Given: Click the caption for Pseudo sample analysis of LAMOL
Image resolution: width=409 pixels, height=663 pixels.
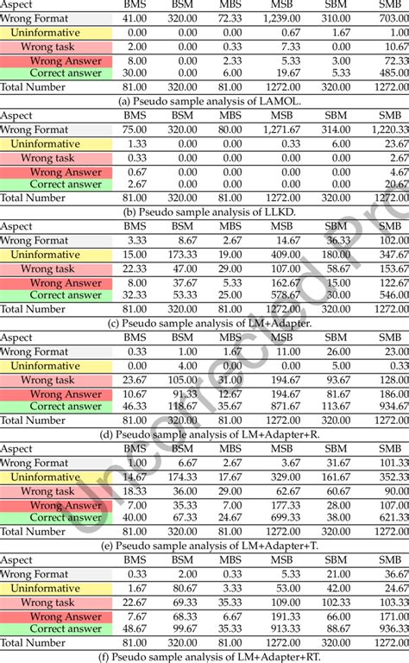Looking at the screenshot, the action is [204, 99].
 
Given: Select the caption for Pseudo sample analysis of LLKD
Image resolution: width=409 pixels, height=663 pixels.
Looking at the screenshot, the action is [204, 211].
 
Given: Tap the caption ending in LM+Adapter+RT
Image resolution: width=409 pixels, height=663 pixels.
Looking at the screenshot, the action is [204, 656].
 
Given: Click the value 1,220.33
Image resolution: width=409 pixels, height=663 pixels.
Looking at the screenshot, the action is [388, 129].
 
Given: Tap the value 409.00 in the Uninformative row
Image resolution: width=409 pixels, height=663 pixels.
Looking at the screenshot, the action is [286, 255].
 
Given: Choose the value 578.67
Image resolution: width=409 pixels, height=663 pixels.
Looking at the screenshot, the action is [286, 295].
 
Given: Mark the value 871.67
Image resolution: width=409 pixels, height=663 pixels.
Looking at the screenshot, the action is [286, 407].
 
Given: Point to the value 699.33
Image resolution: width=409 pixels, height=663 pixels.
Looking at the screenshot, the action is [286, 517].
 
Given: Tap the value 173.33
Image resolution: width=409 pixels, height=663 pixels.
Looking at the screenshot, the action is [182, 255].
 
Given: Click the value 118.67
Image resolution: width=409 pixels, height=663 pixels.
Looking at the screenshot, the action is [182, 407].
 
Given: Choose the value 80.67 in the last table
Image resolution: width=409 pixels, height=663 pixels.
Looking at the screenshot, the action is [182, 588].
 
